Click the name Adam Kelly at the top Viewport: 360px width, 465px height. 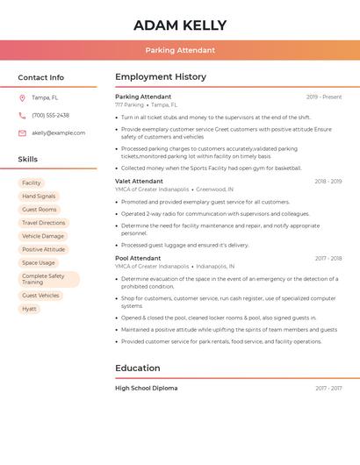pyautogui.click(x=180, y=25)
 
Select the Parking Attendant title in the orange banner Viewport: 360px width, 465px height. pyautogui.click(x=180, y=50)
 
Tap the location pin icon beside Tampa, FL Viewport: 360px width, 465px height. pyautogui.click(x=22, y=98)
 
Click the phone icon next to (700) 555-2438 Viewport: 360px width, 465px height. pyautogui.click(x=22, y=116)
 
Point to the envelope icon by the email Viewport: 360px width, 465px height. pyautogui.click(x=22, y=133)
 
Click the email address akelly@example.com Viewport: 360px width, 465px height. pyautogui.click(x=59, y=133)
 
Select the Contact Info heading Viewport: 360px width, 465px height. pyautogui.click(x=41, y=77)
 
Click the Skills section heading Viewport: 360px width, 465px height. pyautogui.click(x=28, y=159)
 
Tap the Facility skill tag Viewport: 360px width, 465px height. pyautogui.click(x=31, y=183)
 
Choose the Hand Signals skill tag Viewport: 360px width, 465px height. pyautogui.click(x=39, y=197)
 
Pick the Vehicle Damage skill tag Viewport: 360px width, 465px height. pyautogui.click(x=43, y=236)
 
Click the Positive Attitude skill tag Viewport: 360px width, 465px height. pyautogui.click(x=43, y=249)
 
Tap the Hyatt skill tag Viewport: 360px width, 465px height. pyautogui.click(x=30, y=309)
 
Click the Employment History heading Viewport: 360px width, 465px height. pyautogui.click(x=161, y=77)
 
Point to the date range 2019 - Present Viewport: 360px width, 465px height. pyautogui.click(x=324, y=97)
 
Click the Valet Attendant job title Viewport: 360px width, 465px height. pyautogui.click(x=139, y=182)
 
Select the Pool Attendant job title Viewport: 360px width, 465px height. pyautogui.click(x=138, y=259)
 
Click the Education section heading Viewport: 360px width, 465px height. pyautogui.click(x=138, y=368)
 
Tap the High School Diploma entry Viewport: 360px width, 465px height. pyautogui.click(x=146, y=388)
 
